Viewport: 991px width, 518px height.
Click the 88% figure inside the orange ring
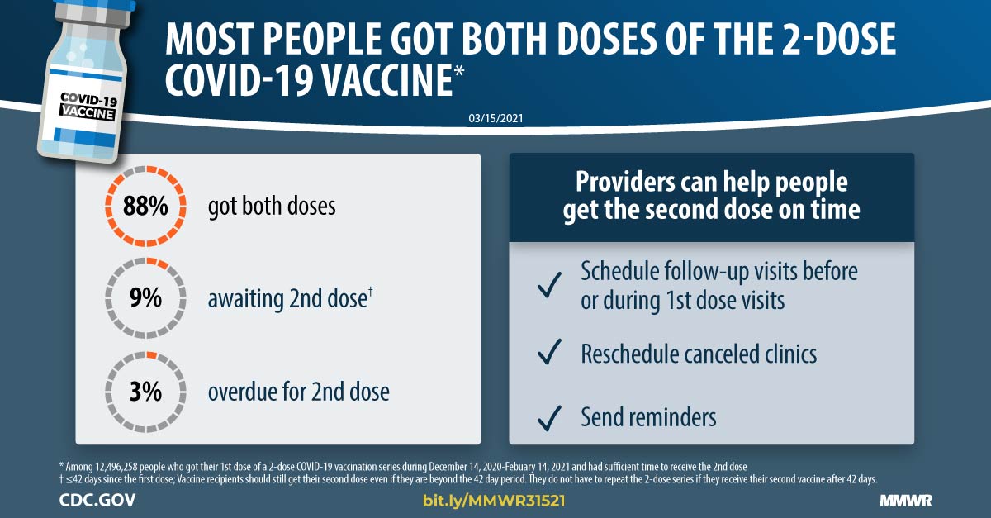pos(145,207)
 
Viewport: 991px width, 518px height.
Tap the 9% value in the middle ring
pos(145,297)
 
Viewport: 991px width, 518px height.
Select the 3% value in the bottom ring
pos(145,392)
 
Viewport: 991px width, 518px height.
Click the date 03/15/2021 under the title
pos(496,118)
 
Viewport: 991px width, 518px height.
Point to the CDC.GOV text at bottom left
pos(97,501)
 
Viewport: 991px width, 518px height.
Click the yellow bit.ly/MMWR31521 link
pos(494,501)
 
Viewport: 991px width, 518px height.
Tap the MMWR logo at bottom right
pos(906,501)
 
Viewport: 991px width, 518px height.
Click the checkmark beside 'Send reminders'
pos(549,418)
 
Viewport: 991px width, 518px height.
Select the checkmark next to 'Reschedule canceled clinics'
pos(549,352)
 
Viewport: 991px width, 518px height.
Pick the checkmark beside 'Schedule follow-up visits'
pos(549,285)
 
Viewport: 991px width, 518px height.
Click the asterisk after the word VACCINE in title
pos(459,72)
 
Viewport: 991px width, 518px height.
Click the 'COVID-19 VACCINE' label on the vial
pos(88,107)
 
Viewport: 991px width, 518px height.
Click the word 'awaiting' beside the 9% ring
pos(246,299)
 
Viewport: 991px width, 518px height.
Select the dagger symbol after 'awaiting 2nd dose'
pos(370,292)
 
